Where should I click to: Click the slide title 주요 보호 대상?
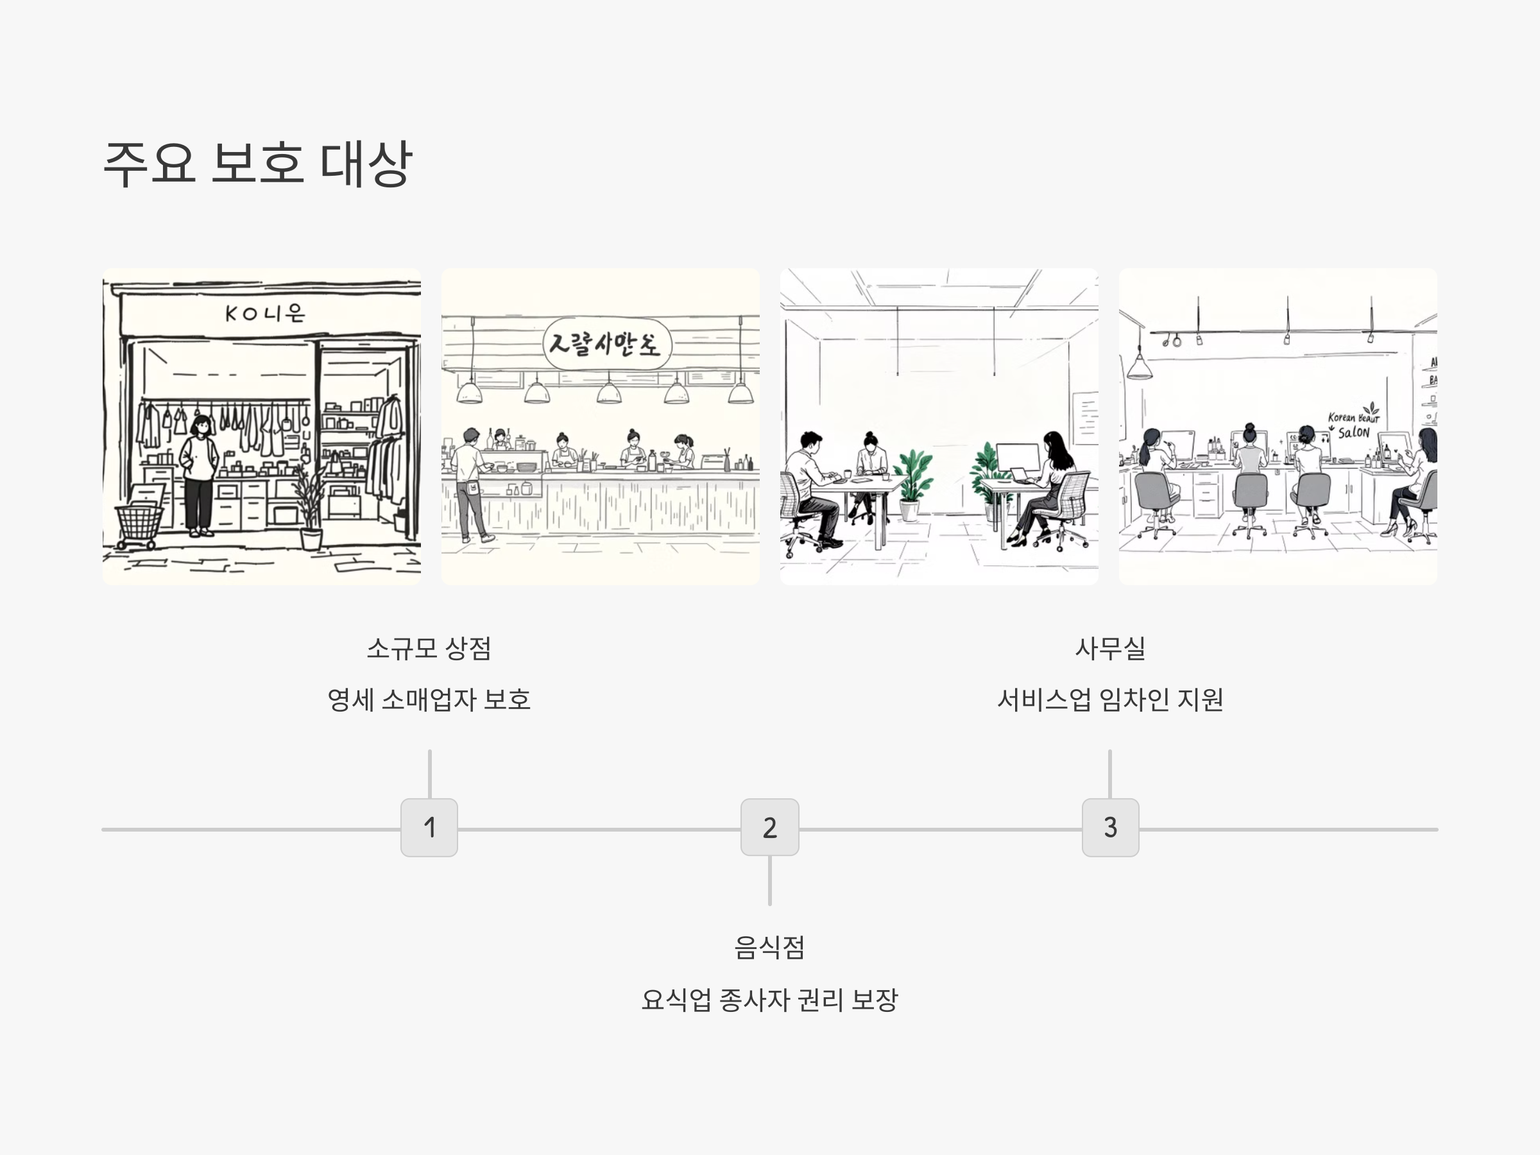coord(257,164)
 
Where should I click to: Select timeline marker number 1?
coord(429,827)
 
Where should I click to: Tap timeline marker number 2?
coord(769,827)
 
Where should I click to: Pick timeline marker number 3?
coord(1109,827)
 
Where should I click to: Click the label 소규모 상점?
coord(429,648)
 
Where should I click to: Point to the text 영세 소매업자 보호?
coord(429,699)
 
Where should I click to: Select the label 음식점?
coord(769,947)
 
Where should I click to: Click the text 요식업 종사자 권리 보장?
coord(769,1000)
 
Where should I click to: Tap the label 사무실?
coord(1109,648)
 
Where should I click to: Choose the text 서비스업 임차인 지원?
coord(1109,699)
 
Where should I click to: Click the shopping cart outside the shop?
coord(140,522)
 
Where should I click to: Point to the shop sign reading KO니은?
coord(265,313)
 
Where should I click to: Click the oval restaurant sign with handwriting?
coord(606,344)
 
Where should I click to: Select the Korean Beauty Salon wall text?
coord(1352,425)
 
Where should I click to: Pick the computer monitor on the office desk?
coord(1017,457)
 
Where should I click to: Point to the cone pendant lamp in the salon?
coord(1139,365)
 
